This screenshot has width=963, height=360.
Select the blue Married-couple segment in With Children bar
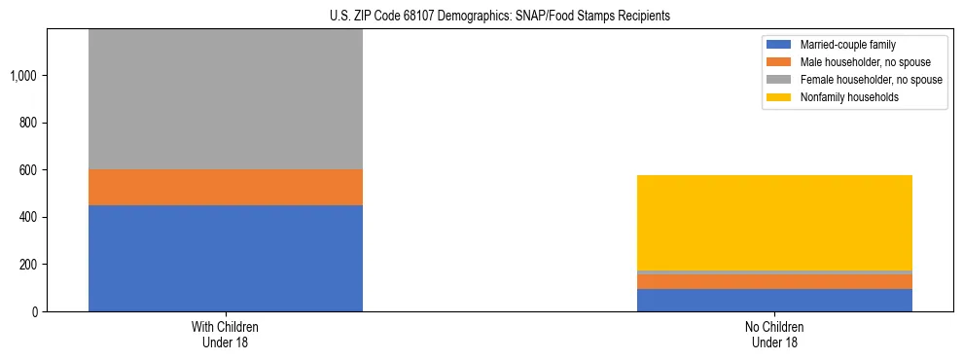click(x=226, y=258)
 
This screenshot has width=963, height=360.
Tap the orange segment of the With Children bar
click(x=226, y=187)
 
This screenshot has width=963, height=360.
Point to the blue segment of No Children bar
click(x=774, y=300)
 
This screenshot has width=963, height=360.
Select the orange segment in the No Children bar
click(x=774, y=281)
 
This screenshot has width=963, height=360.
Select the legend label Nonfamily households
click(x=842, y=97)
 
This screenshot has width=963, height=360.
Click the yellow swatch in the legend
click(x=779, y=97)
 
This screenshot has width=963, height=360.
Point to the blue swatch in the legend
click(x=779, y=45)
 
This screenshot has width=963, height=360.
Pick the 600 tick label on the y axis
click(x=30, y=170)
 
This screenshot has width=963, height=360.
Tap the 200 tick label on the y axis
click(x=30, y=265)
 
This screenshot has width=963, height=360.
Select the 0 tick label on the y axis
click(x=36, y=311)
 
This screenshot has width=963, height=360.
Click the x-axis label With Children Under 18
click(x=226, y=334)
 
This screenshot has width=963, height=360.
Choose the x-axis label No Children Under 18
click(x=774, y=334)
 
